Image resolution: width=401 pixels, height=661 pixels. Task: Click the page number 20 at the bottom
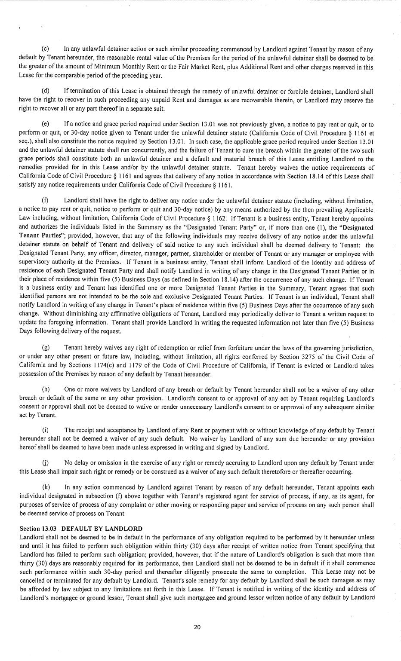(x=197, y=627)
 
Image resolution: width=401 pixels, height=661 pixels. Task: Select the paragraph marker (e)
(x=45, y=124)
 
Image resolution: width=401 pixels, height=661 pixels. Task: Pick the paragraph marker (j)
(x=45, y=463)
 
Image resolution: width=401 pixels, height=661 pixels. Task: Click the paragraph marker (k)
(x=45, y=487)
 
